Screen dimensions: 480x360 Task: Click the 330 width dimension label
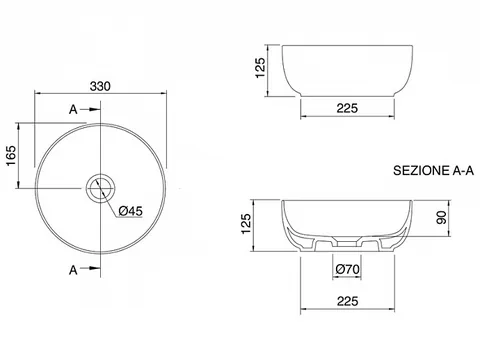click(100, 86)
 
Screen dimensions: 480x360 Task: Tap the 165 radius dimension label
click(11, 155)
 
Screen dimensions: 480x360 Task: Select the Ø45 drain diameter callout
click(131, 211)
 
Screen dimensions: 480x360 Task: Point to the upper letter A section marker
click(73, 109)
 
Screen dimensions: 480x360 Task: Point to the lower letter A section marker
click(73, 270)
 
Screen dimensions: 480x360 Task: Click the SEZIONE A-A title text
click(433, 171)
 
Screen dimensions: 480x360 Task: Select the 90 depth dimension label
click(442, 218)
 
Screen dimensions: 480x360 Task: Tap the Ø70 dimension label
click(347, 269)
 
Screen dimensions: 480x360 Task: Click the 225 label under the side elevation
click(347, 108)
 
